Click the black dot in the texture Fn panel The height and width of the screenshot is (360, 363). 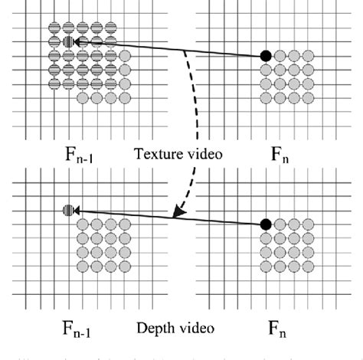[265, 55]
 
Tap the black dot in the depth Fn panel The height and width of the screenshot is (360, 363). [265, 224]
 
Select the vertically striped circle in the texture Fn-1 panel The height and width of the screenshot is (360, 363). [68, 42]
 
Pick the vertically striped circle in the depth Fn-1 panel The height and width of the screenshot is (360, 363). [68, 209]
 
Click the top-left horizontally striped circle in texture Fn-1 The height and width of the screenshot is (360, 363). [54, 28]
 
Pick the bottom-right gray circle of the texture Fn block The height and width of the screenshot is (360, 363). [307, 97]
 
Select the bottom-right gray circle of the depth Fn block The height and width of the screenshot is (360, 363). [307, 266]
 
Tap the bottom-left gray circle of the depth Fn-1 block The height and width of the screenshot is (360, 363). [82, 266]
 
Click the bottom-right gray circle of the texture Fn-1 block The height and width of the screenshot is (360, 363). [124, 97]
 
